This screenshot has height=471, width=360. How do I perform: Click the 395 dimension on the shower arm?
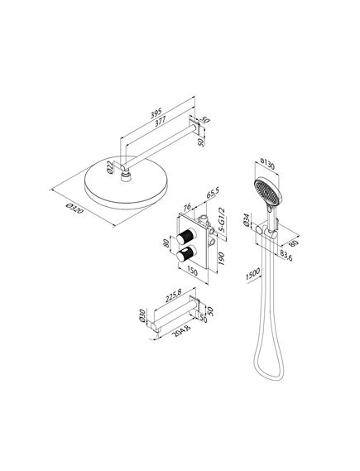pyautogui.click(x=156, y=113)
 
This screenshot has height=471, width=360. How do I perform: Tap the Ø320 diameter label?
pyautogui.click(x=74, y=209)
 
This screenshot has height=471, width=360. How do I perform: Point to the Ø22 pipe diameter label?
pyautogui.click(x=110, y=167)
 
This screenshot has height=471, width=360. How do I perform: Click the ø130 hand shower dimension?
pyautogui.click(x=267, y=164)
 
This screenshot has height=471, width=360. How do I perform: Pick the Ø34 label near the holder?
pyautogui.click(x=247, y=220)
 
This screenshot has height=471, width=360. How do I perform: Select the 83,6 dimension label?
pyautogui.click(x=286, y=256)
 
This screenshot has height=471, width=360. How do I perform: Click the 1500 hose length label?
pyautogui.click(x=252, y=274)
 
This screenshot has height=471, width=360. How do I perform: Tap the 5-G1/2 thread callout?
pyautogui.click(x=222, y=219)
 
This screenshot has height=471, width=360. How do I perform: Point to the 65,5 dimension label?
pyautogui.click(x=213, y=193)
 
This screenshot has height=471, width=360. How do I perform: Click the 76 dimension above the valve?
pyautogui.click(x=187, y=207)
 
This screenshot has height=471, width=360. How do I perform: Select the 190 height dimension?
pyautogui.click(x=221, y=258)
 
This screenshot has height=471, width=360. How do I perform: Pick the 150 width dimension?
pyautogui.click(x=192, y=272)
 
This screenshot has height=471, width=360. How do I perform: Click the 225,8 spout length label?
pyautogui.click(x=174, y=297)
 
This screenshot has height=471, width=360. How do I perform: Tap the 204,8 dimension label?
pyautogui.click(x=183, y=331)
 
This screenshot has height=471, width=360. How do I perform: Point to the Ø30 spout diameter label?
pyautogui.click(x=142, y=315)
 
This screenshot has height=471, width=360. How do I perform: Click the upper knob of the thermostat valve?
pyautogui.click(x=186, y=237)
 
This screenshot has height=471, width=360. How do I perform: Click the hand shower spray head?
pyautogui.click(x=268, y=191)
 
